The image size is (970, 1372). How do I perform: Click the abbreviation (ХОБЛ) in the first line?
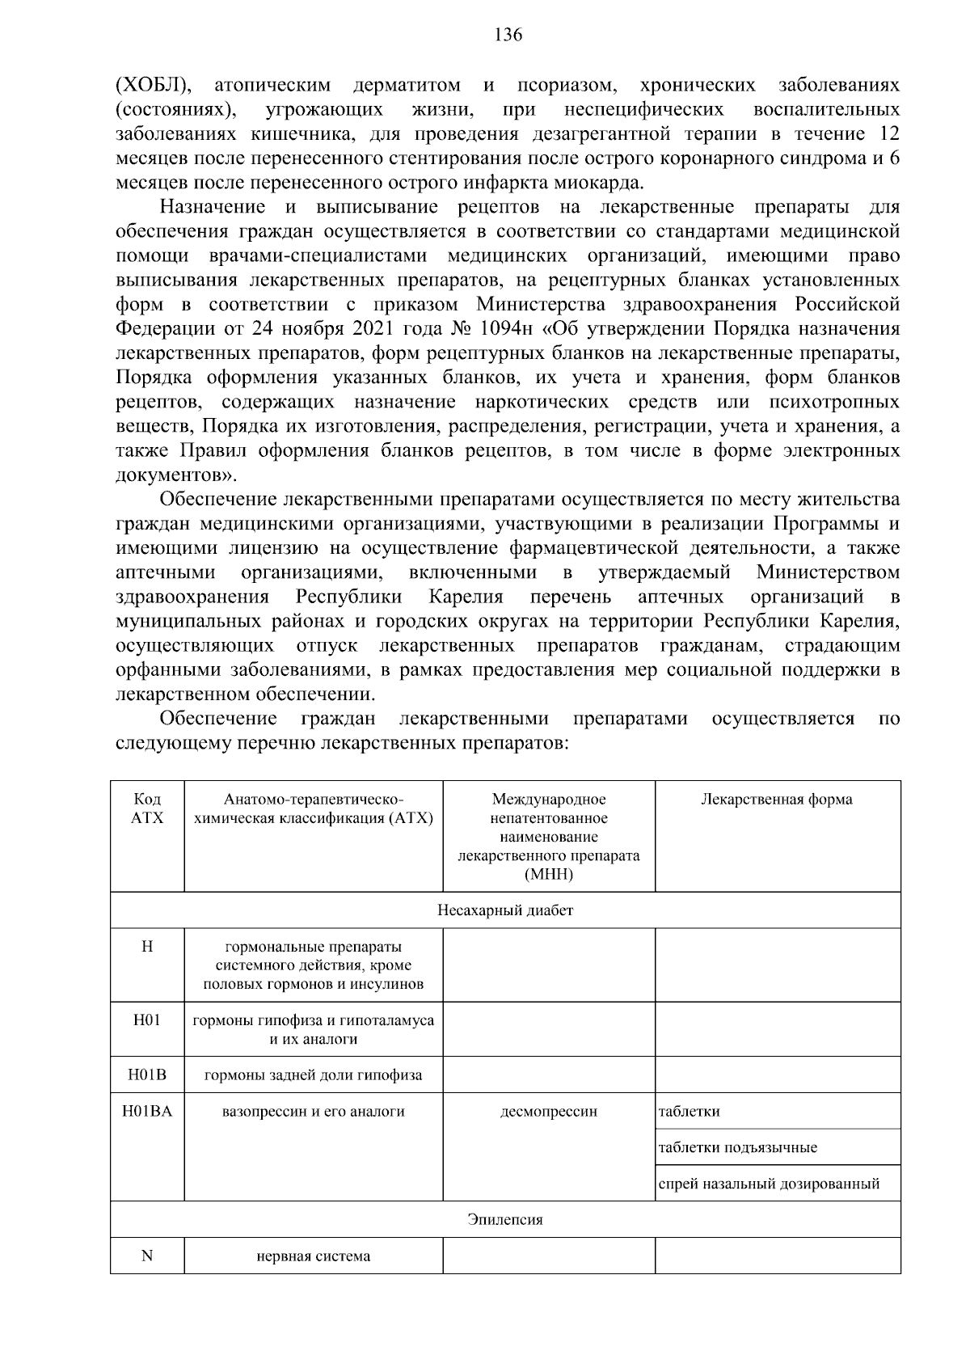(154, 85)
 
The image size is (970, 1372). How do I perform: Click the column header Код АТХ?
(147, 808)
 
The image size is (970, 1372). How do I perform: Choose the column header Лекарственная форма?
(776, 800)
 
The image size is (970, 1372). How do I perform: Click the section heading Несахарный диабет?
(505, 910)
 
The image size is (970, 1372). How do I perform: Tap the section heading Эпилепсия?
(505, 1219)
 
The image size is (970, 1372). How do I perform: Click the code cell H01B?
(147, 1075)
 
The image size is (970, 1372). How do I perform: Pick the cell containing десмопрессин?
(549, 1112)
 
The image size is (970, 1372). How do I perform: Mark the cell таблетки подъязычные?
(737, 1148)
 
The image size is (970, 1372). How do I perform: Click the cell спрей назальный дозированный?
(769, 1184)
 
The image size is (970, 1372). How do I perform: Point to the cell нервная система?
(314, 1256)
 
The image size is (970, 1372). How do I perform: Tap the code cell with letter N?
(147, 1256)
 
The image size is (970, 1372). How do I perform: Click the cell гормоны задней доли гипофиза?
(313, 1075)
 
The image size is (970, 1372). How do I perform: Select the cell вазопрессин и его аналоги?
(313, 1112)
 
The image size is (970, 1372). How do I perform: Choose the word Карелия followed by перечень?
(466, 597)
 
